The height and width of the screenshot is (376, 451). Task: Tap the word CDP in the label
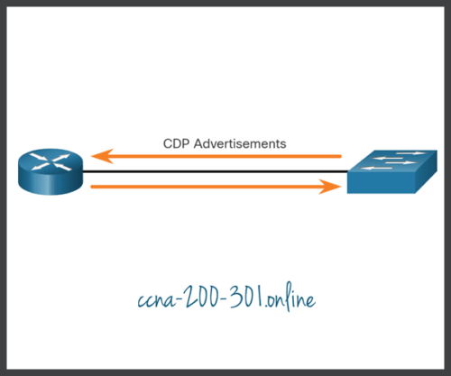[177, 142]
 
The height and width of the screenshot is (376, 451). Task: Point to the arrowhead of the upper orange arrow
[102, 157]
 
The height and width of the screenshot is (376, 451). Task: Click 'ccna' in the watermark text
[149, 298]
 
